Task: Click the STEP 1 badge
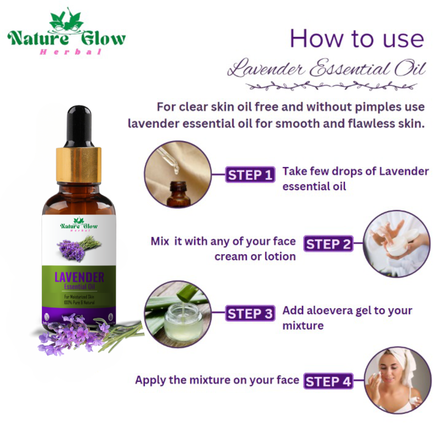250,175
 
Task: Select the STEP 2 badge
328,244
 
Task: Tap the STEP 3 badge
250,314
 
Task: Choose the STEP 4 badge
328,381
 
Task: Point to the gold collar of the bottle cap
79,164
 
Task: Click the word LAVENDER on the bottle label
79,277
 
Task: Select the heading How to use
357,39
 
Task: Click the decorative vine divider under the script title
331,86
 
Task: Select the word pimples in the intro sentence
367,107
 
